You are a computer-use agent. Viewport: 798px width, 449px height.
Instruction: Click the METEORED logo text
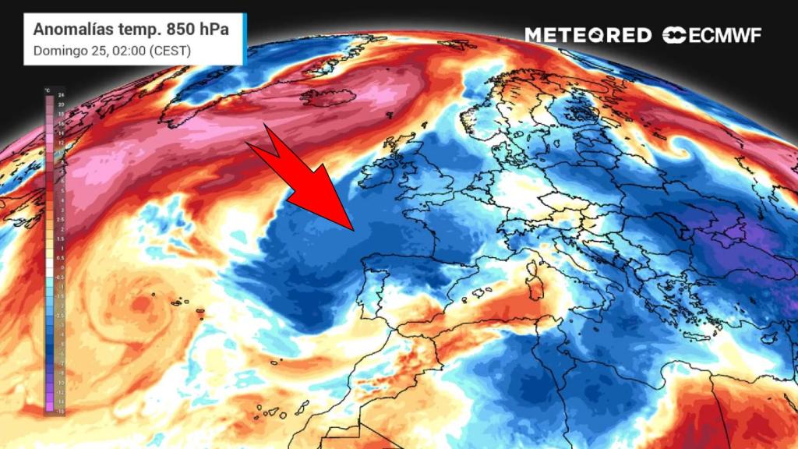click(x=588, y=35)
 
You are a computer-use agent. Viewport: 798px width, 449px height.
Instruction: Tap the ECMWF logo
click(x=711, y=35)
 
